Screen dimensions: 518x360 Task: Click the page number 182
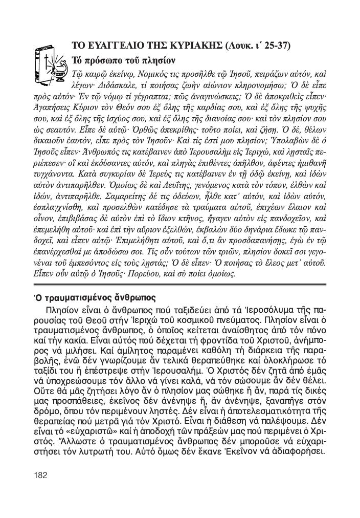click(x=40, y=474)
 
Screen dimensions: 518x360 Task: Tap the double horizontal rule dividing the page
click(x=179, y=286)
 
